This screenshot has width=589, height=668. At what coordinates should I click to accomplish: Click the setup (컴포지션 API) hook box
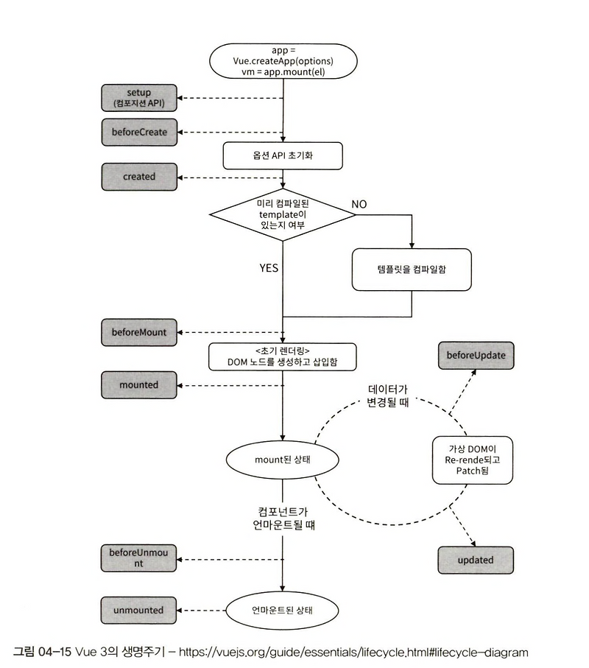tap(139, 98)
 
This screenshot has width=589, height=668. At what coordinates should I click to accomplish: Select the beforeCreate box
tap(139, 132)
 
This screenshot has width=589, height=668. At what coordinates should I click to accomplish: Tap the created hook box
tap(139, 177)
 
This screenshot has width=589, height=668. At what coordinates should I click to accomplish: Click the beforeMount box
tap(139, 332)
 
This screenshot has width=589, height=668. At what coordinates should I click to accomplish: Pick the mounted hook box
tap(139, 384)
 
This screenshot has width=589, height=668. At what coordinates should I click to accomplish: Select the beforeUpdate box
tap(476, 356)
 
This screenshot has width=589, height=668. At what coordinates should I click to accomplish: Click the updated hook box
tap(476, 560)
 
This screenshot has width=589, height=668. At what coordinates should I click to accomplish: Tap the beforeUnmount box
tap(139, 558)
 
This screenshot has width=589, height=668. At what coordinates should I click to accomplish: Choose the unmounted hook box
tap(139, 610)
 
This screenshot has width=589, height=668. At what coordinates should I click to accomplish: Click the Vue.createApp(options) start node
tap(283, 60)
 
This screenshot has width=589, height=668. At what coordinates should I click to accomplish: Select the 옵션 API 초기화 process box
tap(283, 155)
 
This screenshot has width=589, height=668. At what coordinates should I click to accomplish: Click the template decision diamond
tap(283, 214)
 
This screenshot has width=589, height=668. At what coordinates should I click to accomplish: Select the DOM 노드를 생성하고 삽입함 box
tap(283, 357)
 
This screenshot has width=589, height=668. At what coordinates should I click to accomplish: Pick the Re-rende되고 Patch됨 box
tap(472, 459)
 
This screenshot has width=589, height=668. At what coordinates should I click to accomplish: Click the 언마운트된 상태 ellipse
tap(283, 611)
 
